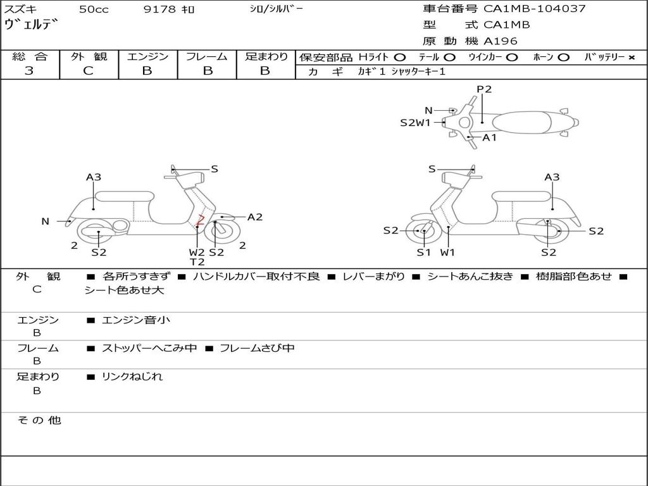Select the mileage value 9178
160,9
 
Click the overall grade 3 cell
29,70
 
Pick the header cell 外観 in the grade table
89,56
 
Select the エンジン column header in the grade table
147,56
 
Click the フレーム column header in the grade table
207,56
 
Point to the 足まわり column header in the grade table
266,56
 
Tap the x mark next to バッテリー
631,57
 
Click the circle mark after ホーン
563,57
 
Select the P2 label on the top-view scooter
484,89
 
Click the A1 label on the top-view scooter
490,137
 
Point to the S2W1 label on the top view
415,123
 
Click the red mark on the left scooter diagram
200,220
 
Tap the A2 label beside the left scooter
254,217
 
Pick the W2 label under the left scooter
197,252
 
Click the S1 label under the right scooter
423,252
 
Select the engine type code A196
500,41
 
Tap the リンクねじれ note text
132,377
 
